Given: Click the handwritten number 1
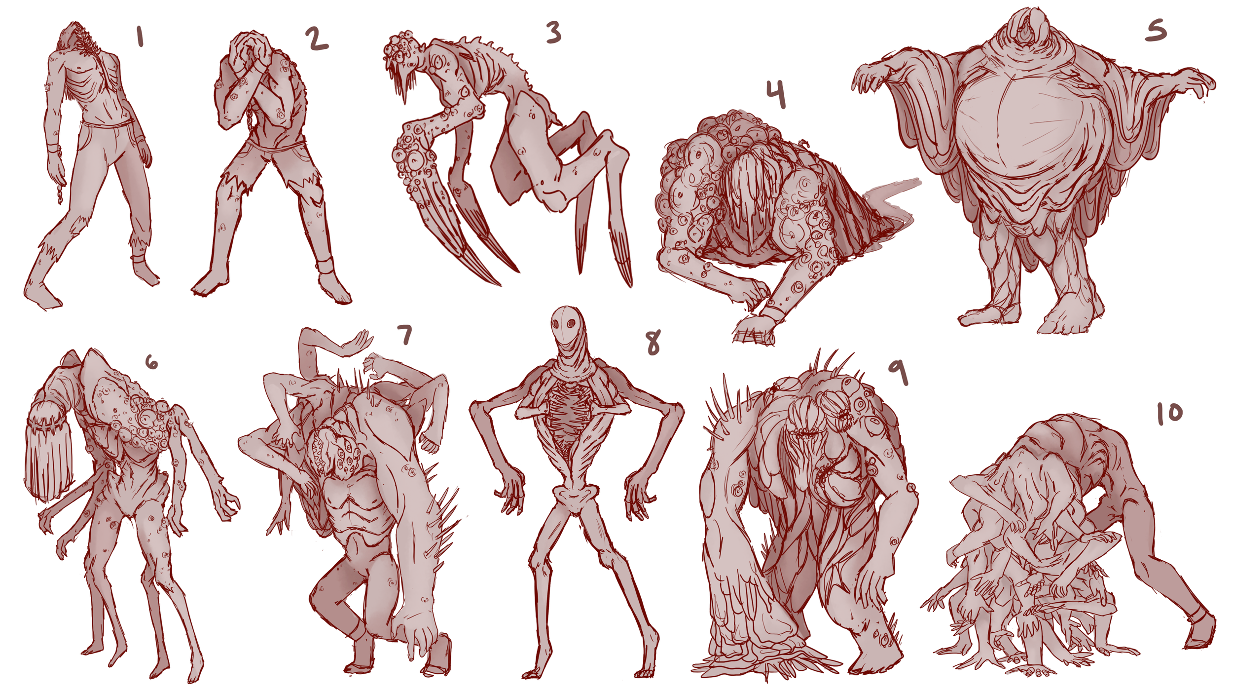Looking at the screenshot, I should [x=140, y=37].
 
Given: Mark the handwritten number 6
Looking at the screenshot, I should [x=151, y=363].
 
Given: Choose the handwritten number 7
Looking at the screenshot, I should [x=405, y=335].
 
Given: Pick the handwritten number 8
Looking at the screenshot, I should [x=653, y=343].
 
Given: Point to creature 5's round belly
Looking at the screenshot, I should [x=1031, y=123].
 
